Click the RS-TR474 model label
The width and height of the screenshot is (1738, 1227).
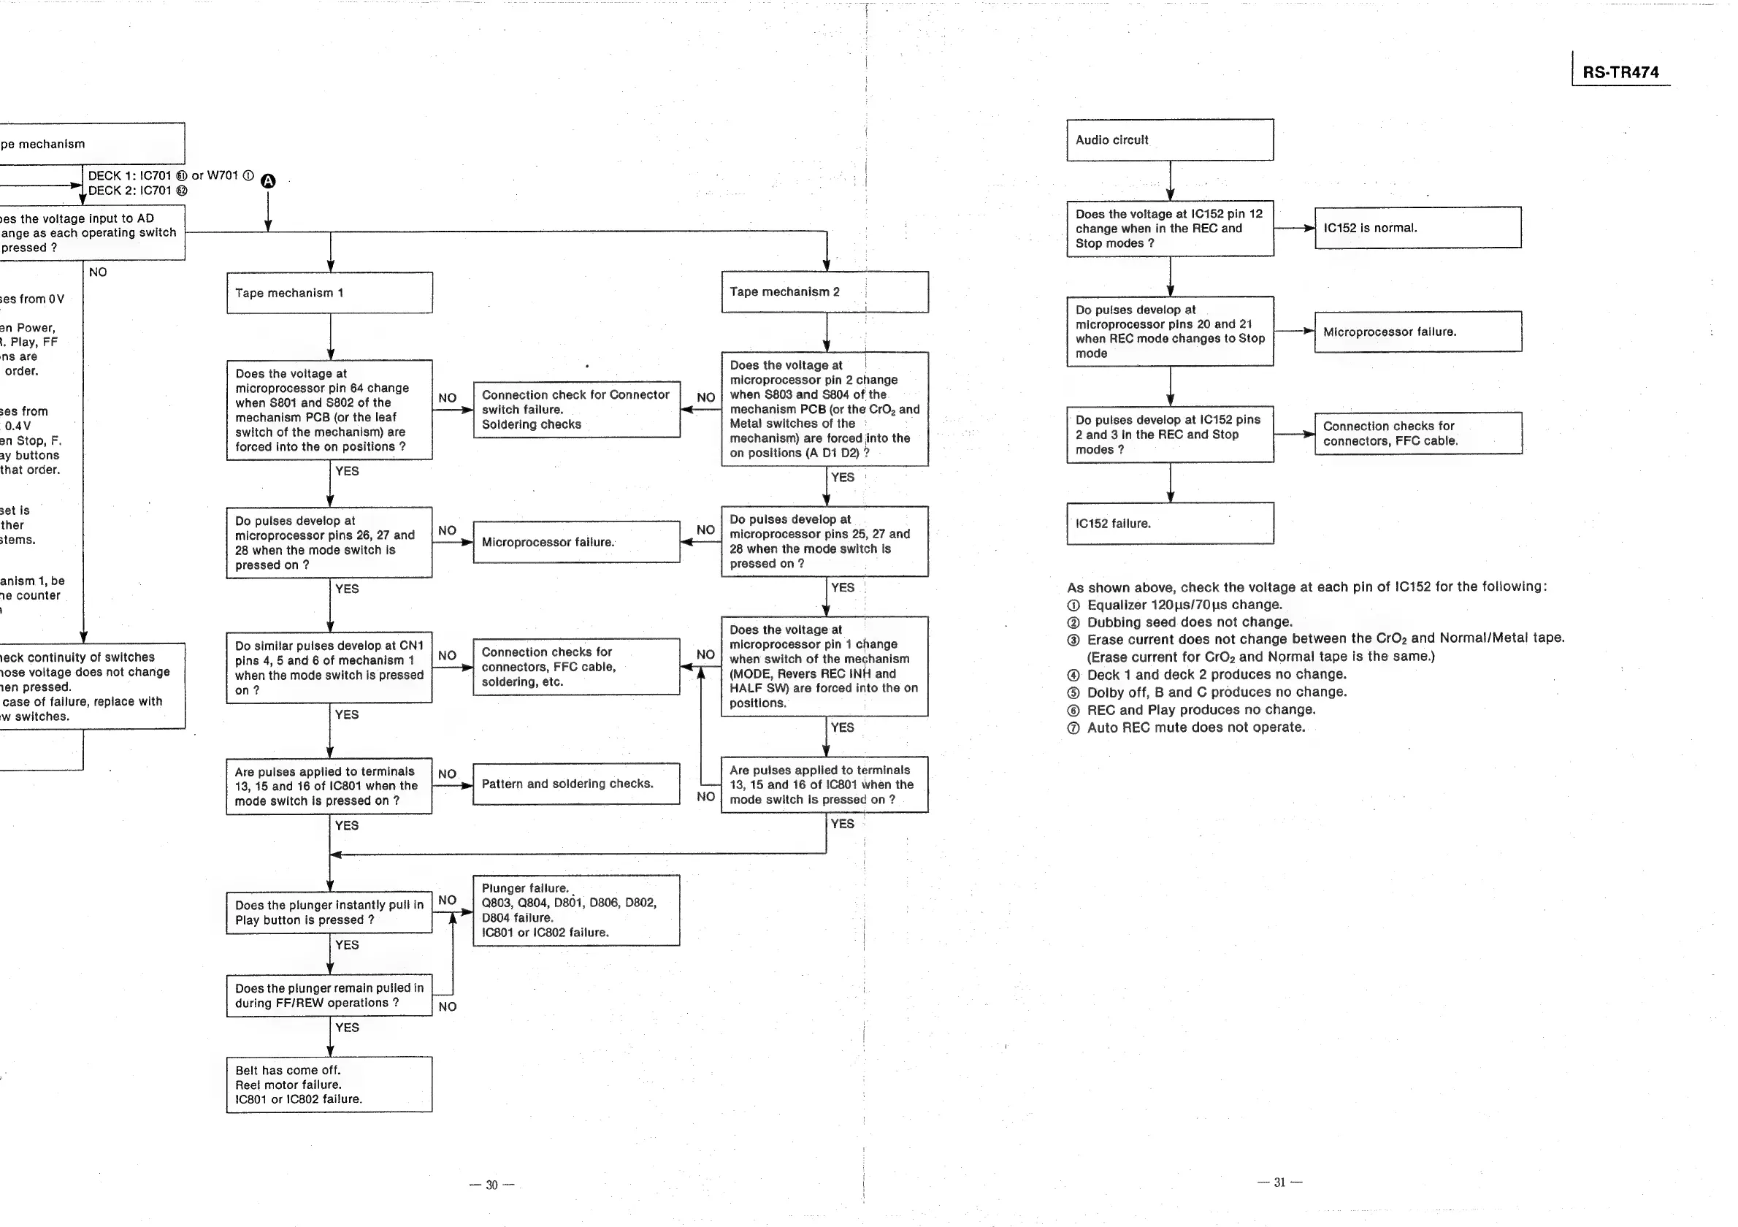(1620, 72)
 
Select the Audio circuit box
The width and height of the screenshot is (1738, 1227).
(1170, 140)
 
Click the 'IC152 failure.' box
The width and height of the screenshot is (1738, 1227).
(1170, 523)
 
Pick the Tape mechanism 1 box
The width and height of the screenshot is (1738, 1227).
(329, 293)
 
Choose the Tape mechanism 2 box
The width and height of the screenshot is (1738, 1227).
(824, 292)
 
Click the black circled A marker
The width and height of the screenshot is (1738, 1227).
(268, 181)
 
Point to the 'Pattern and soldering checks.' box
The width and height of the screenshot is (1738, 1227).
(576, 784)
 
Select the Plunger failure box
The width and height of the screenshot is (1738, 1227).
(576, 911)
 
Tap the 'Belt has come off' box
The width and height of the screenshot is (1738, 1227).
(329, 1085)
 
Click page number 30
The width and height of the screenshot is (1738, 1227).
(491, 1185)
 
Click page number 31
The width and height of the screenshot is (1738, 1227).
(1279, 1182)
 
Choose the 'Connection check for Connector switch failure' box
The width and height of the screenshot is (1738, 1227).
(576, 410)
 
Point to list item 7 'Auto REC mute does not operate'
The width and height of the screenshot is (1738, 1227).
(1196, 727)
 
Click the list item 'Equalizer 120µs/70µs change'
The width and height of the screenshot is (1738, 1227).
(1184, 605)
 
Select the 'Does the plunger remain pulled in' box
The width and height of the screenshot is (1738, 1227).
(329, 995)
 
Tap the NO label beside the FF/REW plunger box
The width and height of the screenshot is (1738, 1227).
(448, 1006)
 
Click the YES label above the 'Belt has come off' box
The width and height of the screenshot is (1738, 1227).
(347, 1028)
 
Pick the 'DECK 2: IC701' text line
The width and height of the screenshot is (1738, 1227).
(137, 191)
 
